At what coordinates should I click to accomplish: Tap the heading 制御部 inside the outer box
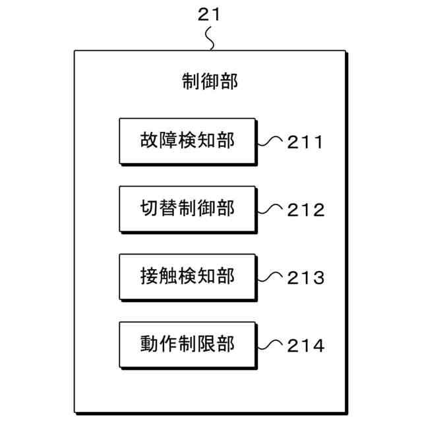tap(210, 82)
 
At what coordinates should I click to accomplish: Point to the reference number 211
tap(305, 142)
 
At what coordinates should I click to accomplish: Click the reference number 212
tap(305, 210)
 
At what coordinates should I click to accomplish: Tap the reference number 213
tap(305, 278)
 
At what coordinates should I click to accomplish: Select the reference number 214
tap(305, 346)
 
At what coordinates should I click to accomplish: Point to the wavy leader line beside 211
tap(270, 140)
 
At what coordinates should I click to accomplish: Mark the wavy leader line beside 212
tap(270, 209)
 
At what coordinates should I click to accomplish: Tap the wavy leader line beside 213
tap(270, 277)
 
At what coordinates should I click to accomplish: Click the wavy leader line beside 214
tap(270, 344)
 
